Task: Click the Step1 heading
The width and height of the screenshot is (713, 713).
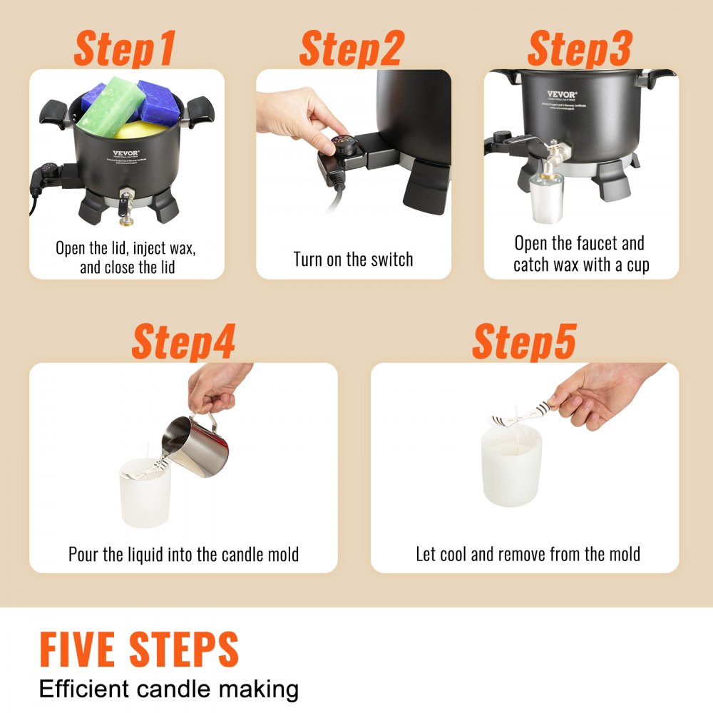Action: click(125, 48)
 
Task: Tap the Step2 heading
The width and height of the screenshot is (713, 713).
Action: click(351, 48)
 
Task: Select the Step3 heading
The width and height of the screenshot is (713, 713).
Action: click(579, 48)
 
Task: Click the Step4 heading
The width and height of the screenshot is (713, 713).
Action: click(183, 342)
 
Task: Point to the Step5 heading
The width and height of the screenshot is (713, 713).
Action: click(524, 342)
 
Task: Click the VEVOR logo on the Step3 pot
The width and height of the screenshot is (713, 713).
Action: click(561, 94)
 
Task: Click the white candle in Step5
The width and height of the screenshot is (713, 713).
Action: click(511, 467)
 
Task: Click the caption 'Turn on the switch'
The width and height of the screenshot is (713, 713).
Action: click(353, 259)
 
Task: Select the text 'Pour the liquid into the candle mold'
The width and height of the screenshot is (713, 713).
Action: click(183, 554)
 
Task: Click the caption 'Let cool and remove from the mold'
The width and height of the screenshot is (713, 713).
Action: click(528, 554)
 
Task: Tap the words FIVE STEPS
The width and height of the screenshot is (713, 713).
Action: click(139, 650)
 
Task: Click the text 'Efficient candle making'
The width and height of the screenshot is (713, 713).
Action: click(169, 689)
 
